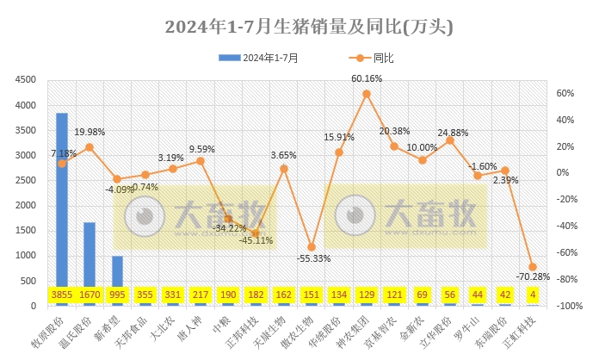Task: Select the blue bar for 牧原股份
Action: (62, 207)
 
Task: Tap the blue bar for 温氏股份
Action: (90, 258)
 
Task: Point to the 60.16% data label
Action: (368, 78)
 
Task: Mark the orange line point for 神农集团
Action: (367, 93)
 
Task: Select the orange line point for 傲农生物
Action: (312, 247)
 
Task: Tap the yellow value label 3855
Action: (62, 295)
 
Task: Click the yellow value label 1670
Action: (90, 295)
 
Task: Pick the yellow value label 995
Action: (117, 295)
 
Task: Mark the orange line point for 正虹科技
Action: (533, 267)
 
